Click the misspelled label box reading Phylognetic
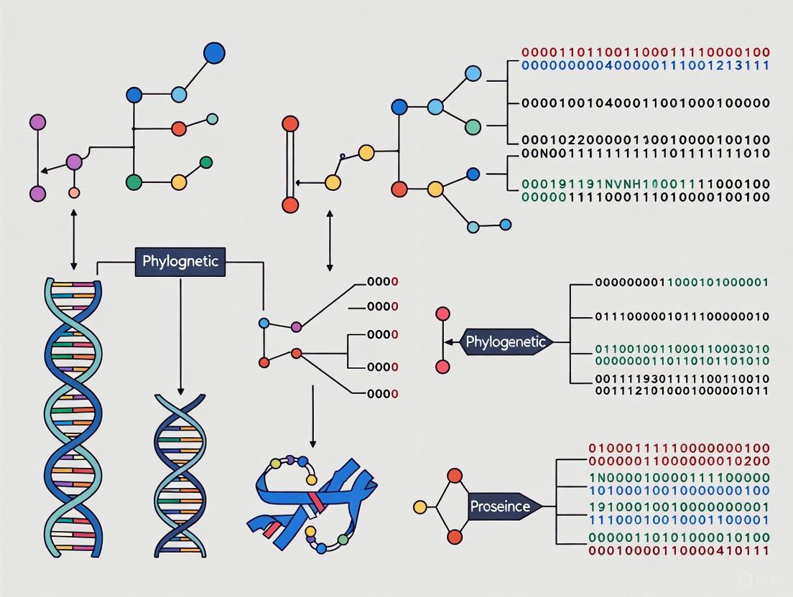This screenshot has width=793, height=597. click(x=180, y=261)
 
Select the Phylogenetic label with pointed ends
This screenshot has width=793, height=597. click(x=506, y=342)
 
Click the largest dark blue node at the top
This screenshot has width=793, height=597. click(x=214, y=53)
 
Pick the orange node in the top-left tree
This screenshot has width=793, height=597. click(x=179, y=129)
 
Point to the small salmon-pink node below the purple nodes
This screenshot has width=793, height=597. click(x=73, y=193)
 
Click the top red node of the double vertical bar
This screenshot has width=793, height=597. click(x=290, y=123)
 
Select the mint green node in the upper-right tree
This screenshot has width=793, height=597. click(x=473, y=127)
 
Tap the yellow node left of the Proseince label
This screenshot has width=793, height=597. click(x=420, y=507)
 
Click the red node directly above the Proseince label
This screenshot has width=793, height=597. click(x=454, y=475)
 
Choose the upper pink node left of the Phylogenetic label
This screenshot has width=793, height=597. click(x=442, y=314)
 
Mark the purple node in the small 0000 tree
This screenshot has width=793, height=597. click(x=296, y=327)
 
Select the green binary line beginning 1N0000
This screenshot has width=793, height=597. click(x=679, y=477)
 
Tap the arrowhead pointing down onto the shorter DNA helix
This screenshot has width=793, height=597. click(x=180, y=390)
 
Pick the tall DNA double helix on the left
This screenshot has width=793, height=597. click(x=73, y=416)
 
